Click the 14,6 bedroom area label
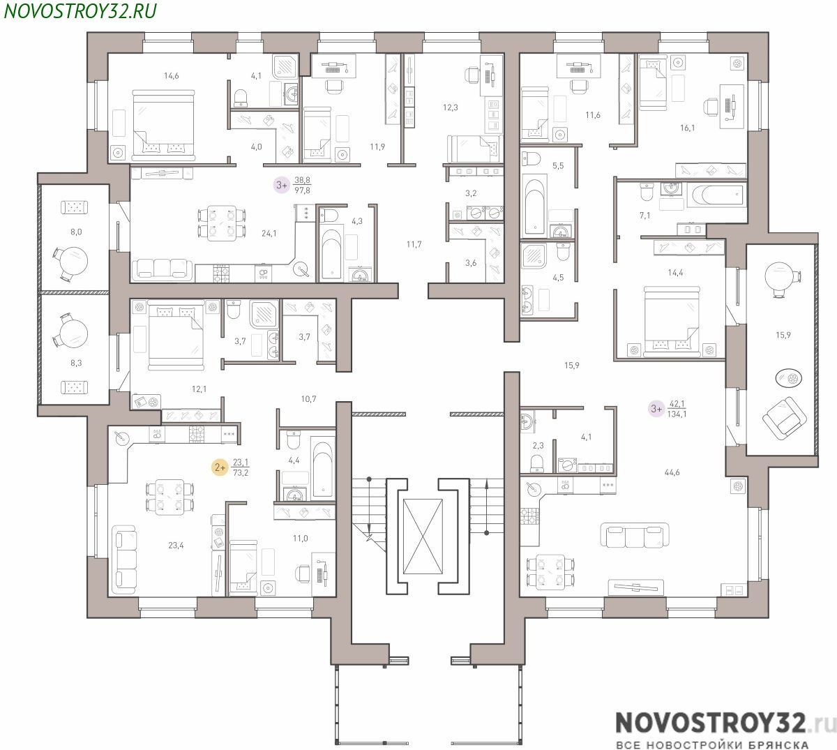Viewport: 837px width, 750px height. (x=171, y=75)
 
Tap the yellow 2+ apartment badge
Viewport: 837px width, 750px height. (x=220, y=467)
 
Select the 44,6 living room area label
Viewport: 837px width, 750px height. (x=672, y=472)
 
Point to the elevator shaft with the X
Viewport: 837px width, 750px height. (x=423, y=537)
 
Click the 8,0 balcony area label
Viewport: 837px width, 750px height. (x=76, y=232)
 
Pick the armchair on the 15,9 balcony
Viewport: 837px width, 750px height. (x=784, y=419)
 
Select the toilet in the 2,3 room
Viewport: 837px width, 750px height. (x=536, y=463)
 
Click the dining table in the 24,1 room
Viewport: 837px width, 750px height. (x=222, y=223)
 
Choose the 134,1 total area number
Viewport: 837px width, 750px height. (x=677, y=414)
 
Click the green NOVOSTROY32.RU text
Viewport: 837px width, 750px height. (x=80, y=11)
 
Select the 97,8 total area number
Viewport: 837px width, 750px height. (x=302, y=190)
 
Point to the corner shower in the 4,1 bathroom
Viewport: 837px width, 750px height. (x=285, y=66)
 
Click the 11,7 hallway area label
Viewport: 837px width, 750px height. (x=414, y=244)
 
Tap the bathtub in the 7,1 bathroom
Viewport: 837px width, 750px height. (x=716, y=195)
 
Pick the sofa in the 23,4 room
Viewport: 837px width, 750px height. (x=125, y=561)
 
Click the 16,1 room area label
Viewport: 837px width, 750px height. (x=687, y=128)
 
